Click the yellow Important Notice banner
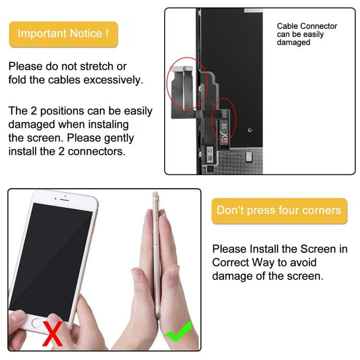coord(63,34)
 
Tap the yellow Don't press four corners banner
coord(279,210)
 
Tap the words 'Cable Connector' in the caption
coord(307,26)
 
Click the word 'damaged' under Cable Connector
coord(294,43)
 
